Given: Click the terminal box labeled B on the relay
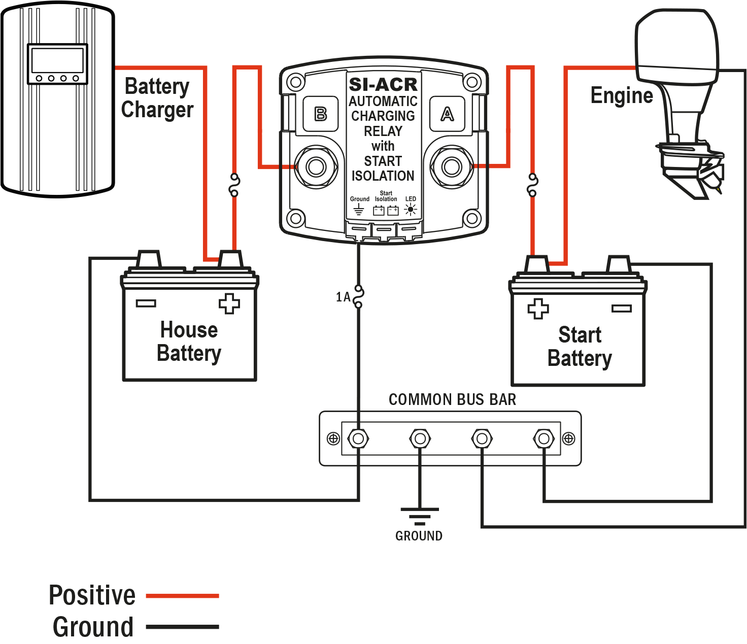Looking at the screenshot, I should point(320,114).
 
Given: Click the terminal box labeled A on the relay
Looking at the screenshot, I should point(447,114).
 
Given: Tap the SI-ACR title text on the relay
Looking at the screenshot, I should point(383,84).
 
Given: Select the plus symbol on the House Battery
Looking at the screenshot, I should point(229,303).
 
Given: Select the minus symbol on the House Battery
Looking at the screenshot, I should point(146,303).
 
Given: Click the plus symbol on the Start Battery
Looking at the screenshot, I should point(538,309).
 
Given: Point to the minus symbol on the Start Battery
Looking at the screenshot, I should point(621,309).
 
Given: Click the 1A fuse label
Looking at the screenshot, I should point(343,297).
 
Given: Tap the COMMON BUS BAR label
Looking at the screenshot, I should point(452,400).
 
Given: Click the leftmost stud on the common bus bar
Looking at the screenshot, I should point(358,438).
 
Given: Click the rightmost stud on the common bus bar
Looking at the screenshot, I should point(544,438).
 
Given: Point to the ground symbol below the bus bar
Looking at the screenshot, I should point(419,516).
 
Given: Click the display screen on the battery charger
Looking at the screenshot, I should point(57,60).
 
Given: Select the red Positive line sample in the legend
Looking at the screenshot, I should point(182,596).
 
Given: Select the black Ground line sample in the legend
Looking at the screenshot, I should point(182,627).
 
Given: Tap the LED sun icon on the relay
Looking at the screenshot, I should point(411,209).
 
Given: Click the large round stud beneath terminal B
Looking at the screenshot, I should point(316,166).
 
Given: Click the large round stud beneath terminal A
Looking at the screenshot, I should point(451,166).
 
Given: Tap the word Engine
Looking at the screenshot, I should point(622,96).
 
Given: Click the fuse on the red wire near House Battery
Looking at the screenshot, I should point(234,185).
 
